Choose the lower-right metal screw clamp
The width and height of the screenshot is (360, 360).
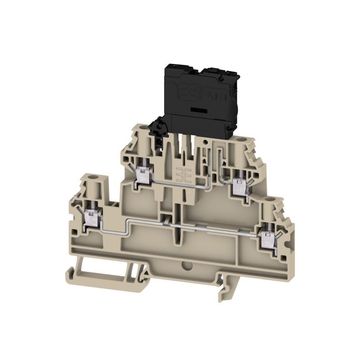[268, 238]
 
